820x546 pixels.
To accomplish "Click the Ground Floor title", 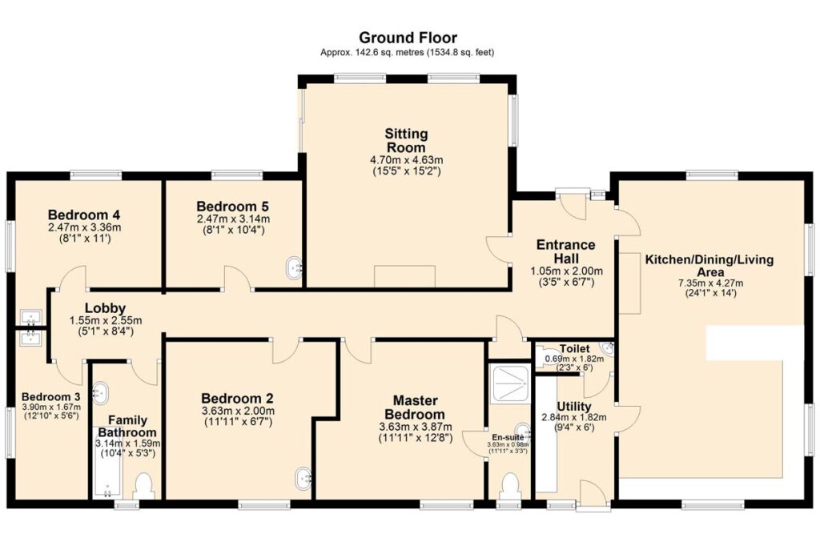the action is (408, 38).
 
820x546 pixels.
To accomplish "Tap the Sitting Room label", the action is (406, 140).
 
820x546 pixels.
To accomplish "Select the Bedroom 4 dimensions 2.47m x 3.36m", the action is (84, 227).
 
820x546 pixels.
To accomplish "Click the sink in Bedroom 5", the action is (295, 267).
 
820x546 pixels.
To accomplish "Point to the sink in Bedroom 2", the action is (303, 478).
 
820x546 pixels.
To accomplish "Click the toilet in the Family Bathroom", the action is (144, 486).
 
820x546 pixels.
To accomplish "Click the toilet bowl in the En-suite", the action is (508, 487).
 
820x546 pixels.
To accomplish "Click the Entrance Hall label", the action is (566, 251).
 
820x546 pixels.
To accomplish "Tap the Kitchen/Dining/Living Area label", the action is (709, 266).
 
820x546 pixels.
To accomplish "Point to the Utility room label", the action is (573, 407).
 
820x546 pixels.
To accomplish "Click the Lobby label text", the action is (105, 308).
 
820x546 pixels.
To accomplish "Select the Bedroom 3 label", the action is (50, 397).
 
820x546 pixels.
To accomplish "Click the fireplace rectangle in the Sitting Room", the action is (404, 276).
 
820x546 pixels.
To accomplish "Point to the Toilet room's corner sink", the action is (607, 347).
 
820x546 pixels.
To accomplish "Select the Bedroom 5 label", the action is (233, 207).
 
